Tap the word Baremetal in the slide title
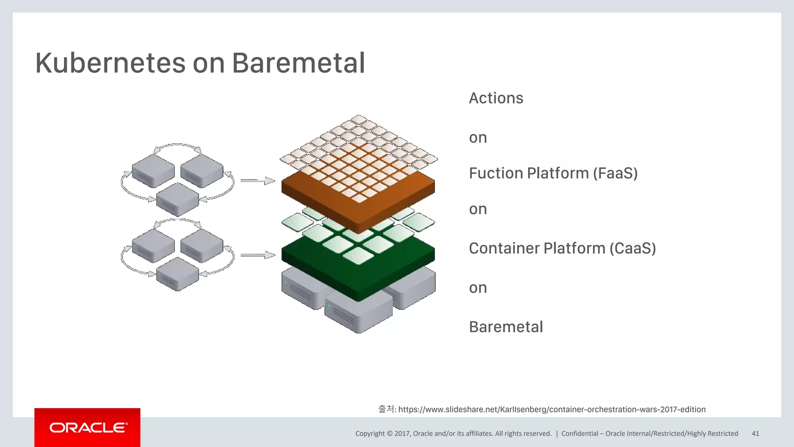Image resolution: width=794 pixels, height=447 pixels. pos(299,63)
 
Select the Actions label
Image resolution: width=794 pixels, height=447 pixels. pos(496,98)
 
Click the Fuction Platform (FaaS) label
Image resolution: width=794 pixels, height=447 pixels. pos(553,173)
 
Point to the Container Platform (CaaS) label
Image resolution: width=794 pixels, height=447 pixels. pos(562,248)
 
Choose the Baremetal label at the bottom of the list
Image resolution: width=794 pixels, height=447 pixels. pos(506,327)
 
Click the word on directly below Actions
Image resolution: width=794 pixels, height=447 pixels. pos(478,138)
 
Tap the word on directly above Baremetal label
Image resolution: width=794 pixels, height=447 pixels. pos(478,288)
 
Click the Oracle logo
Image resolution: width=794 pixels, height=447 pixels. pos(88,428)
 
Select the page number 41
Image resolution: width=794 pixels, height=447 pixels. pos(755,433)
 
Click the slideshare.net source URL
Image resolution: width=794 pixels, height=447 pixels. pos(552,409)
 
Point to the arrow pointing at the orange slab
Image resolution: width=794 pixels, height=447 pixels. pos(257,181)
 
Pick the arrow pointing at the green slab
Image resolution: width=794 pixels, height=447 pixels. pos(257,255)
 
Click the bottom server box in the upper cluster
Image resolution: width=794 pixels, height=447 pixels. pos(178,199)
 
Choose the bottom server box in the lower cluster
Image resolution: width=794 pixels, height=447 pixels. pos(178,274)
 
